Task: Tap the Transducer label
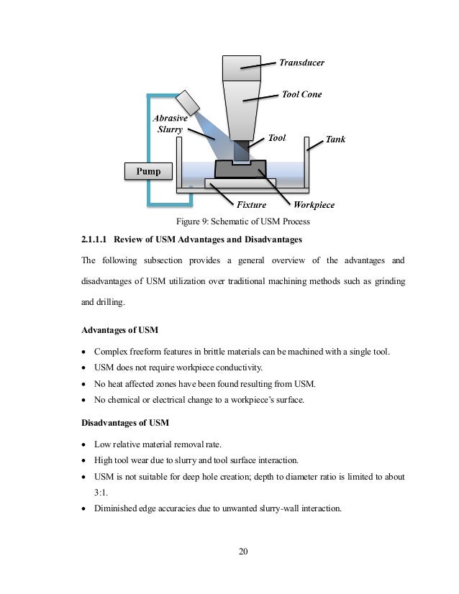click(301, 63)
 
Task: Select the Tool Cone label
click(301, 94)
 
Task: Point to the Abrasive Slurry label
click(170, 124)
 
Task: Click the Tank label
click(335, 139)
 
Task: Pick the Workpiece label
click(314, 205)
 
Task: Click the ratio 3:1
click(104, 493)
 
